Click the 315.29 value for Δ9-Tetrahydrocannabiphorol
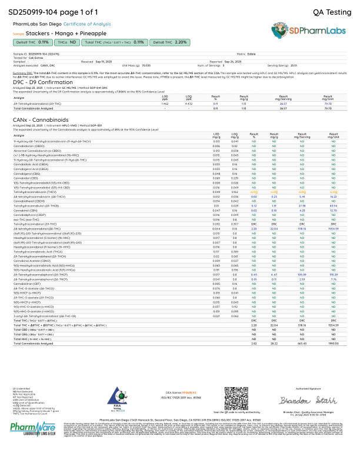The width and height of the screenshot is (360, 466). [x=333, y=274]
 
